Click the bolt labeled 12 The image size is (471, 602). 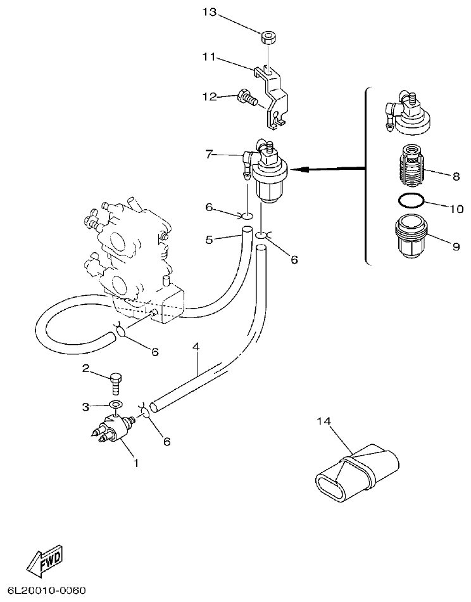pos(245,98)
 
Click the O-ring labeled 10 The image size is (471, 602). pos(411,202)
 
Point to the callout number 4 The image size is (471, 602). pos(196,347)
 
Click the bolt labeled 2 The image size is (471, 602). pos(116,381)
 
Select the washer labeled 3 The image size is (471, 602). pos(116,405)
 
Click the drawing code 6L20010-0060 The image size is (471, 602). pos(43,591)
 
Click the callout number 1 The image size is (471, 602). pos(135,463)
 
